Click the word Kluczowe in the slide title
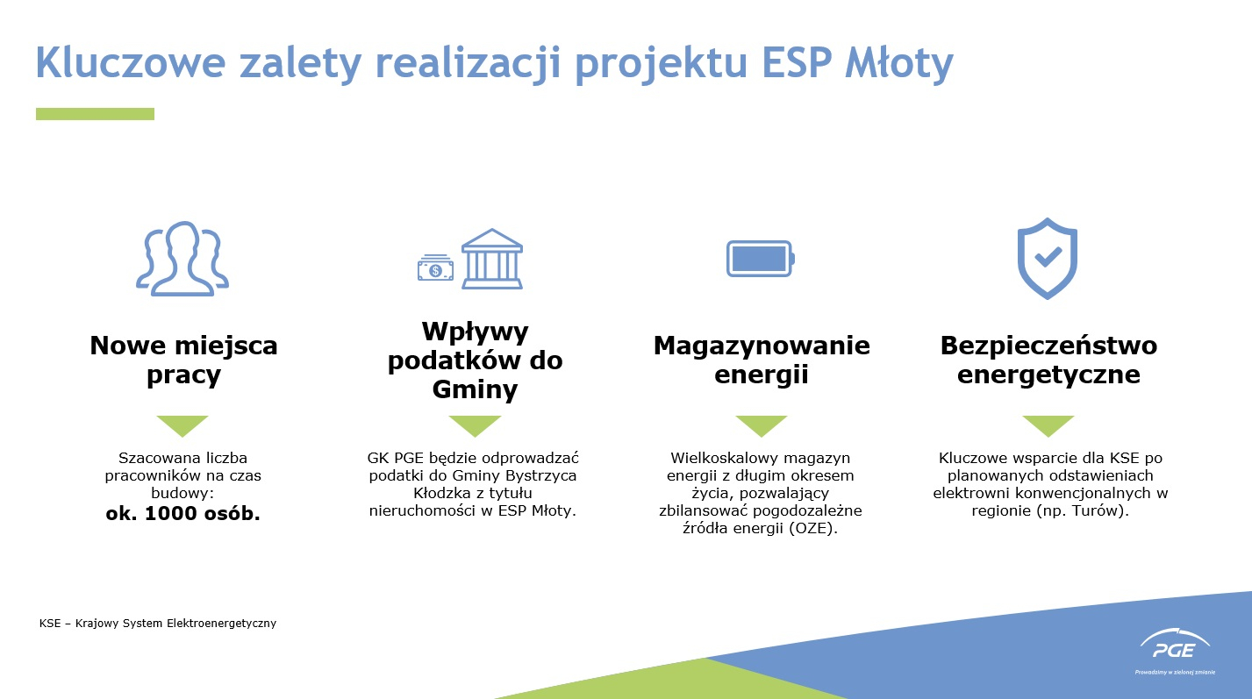131,62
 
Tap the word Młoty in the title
898,64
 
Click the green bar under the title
95,114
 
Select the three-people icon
182,259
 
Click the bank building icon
492,259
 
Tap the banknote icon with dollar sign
435,268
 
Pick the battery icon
761,259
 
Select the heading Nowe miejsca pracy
183,360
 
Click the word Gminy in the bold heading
475,389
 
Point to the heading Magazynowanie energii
762,360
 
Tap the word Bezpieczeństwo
1048,346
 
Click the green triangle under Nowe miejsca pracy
182,424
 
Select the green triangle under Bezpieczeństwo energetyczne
1048,424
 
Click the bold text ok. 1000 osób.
182,513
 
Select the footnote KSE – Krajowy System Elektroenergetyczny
158,624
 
